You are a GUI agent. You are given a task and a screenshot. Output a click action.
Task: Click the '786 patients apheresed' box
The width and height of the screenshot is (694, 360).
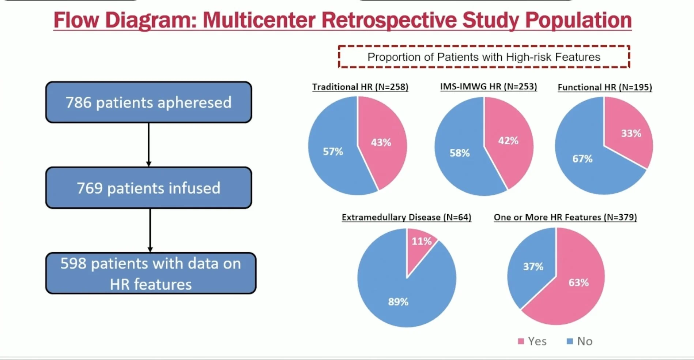pyautogui.click(x=148, y=102)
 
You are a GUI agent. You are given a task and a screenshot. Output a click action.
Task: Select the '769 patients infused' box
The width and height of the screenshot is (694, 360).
pyautogui.click(x=148, y=188)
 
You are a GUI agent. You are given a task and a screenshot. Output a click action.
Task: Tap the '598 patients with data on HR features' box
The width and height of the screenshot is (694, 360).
pyautogui.click(x=151, y=273)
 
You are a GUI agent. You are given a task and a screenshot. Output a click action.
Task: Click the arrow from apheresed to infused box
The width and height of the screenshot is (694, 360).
pyautogui.click(x=148, y=145)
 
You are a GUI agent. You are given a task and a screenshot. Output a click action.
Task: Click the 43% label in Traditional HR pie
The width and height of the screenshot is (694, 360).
pyautogui.click(x=381, y=142)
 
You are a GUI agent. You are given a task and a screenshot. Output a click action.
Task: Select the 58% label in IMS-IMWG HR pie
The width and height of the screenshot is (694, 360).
pyautogui.click(x=460, y=153)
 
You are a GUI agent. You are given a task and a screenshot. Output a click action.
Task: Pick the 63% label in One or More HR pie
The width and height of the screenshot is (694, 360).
pyautogui.click(x=578, y=282)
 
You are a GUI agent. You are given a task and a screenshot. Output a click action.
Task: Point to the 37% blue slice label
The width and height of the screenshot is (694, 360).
pyautogui.click(x=533, y=266)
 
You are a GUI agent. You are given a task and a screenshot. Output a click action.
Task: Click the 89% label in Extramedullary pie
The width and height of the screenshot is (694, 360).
pyautogui.click(x=398, y=302)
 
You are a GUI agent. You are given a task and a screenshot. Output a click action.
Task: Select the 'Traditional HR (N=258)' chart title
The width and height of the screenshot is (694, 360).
pyautogui.click(x=360, y=87)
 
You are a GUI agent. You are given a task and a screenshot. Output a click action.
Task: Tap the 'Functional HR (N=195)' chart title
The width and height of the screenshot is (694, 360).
pyautogui.click(x=605, y=87)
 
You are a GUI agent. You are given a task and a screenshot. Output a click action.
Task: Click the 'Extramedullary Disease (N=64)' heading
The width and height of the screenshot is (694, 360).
pyautogui.click(x=406, y=217)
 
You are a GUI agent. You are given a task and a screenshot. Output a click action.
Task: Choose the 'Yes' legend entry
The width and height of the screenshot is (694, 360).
pyautogui.click(x=533, y=341)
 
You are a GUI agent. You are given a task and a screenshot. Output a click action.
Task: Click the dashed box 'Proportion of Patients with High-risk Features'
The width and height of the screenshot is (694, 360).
pyautogui.click(x=484, y=57)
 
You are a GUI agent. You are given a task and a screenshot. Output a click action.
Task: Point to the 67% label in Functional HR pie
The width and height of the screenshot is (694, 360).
pyautogui.click(x=582, y=159)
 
